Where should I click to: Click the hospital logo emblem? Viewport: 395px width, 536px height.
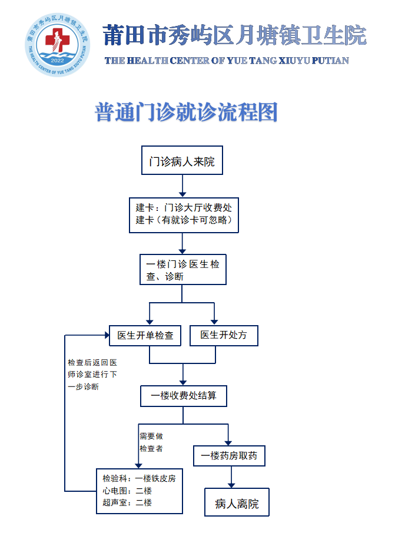coord(57,45)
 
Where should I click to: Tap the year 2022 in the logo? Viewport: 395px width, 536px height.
coord(58,61)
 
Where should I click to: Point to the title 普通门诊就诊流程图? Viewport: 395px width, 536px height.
coord(186,112)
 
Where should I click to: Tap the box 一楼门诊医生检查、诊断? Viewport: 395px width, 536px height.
coord(182,270)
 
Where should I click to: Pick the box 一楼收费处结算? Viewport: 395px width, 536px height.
coord(183,396)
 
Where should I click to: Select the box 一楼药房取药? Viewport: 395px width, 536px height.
coord(229,455)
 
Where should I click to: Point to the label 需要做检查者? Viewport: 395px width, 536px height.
coord(151,442)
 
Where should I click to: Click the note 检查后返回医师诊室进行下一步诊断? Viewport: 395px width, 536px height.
coord(92,375)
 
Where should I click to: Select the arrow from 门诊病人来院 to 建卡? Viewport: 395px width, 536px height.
coord(182,186)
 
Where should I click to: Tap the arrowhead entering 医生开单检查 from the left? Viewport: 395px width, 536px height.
coord(105,335)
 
